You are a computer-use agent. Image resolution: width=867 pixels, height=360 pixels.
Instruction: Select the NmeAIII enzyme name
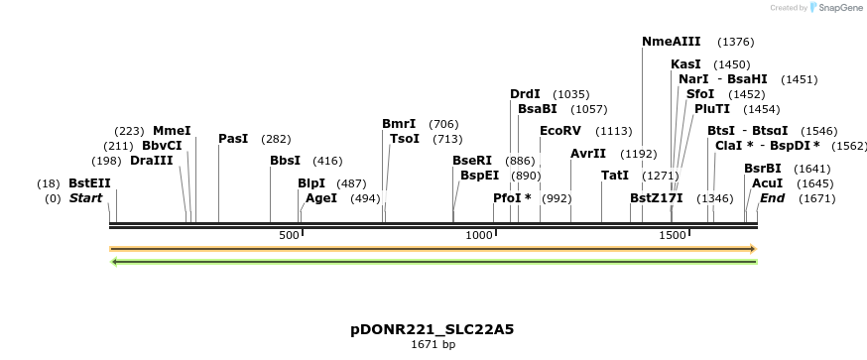pos(672,42)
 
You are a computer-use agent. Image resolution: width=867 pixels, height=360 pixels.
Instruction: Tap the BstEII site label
pos(89,183)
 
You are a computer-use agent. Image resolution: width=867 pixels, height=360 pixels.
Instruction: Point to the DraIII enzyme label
pos(151,161)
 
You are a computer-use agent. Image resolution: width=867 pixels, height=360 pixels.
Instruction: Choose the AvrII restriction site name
pos(588,154)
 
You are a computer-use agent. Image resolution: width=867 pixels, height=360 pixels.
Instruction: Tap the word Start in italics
pos(85,198)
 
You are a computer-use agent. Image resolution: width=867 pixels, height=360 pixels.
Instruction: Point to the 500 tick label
pos(289,235)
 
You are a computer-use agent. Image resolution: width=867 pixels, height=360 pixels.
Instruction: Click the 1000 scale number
pos(480,235)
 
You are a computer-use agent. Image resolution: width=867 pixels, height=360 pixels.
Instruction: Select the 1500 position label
pos(673,235)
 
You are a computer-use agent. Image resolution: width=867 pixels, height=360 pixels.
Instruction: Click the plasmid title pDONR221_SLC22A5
pos(433,328)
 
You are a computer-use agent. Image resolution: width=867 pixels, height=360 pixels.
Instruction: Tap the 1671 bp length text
pos(433,345)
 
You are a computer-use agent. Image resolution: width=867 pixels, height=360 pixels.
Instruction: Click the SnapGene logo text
pos(838,8)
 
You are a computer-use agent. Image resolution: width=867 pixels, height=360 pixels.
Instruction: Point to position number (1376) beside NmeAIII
pos(735,42)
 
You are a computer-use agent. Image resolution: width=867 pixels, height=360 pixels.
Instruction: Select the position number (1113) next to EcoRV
pos(613,130)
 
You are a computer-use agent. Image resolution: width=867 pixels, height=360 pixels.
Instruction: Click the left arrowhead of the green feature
pos(116,262)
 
